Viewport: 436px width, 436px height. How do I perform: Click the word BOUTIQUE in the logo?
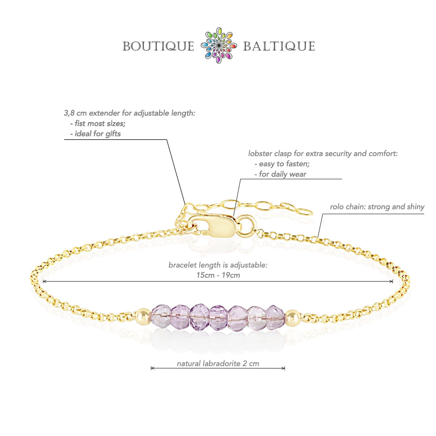pyautogui.click(x=158, y=46)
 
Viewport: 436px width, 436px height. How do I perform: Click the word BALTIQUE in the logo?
pyautogui.click(x=279, y=46)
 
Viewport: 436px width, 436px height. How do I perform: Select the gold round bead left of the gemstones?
pyautogui.click(x=143, y=317)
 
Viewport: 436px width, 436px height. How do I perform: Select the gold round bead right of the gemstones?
pyautogui.click(x=293, y=318)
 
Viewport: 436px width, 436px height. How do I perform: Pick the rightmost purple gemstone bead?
pyautogui.click(x=275, y=317)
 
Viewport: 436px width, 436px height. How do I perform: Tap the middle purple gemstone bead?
pyautogui.click(x=218, y=316)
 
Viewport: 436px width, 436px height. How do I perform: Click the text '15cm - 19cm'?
pyautogui.click(x=218, y=275)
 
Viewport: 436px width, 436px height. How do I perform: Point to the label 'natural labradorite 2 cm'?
pyautogui.click(x=218, y=364)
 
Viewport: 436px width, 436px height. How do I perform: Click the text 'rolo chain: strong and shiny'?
pyautogui.click(x=377, y=207)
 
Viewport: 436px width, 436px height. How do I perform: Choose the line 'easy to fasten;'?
pyautogui.click(x=281, y=163)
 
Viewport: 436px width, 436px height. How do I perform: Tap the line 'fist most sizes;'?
pyautogui.click(x=98, y=123)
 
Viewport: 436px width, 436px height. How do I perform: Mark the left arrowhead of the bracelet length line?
pyautogui.click(x=44, y=281)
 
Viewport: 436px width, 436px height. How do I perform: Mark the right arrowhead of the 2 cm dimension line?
pyautogui.click(x=284, y=368)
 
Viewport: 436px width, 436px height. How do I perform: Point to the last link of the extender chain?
pyautogui.click(x=304, y=211)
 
